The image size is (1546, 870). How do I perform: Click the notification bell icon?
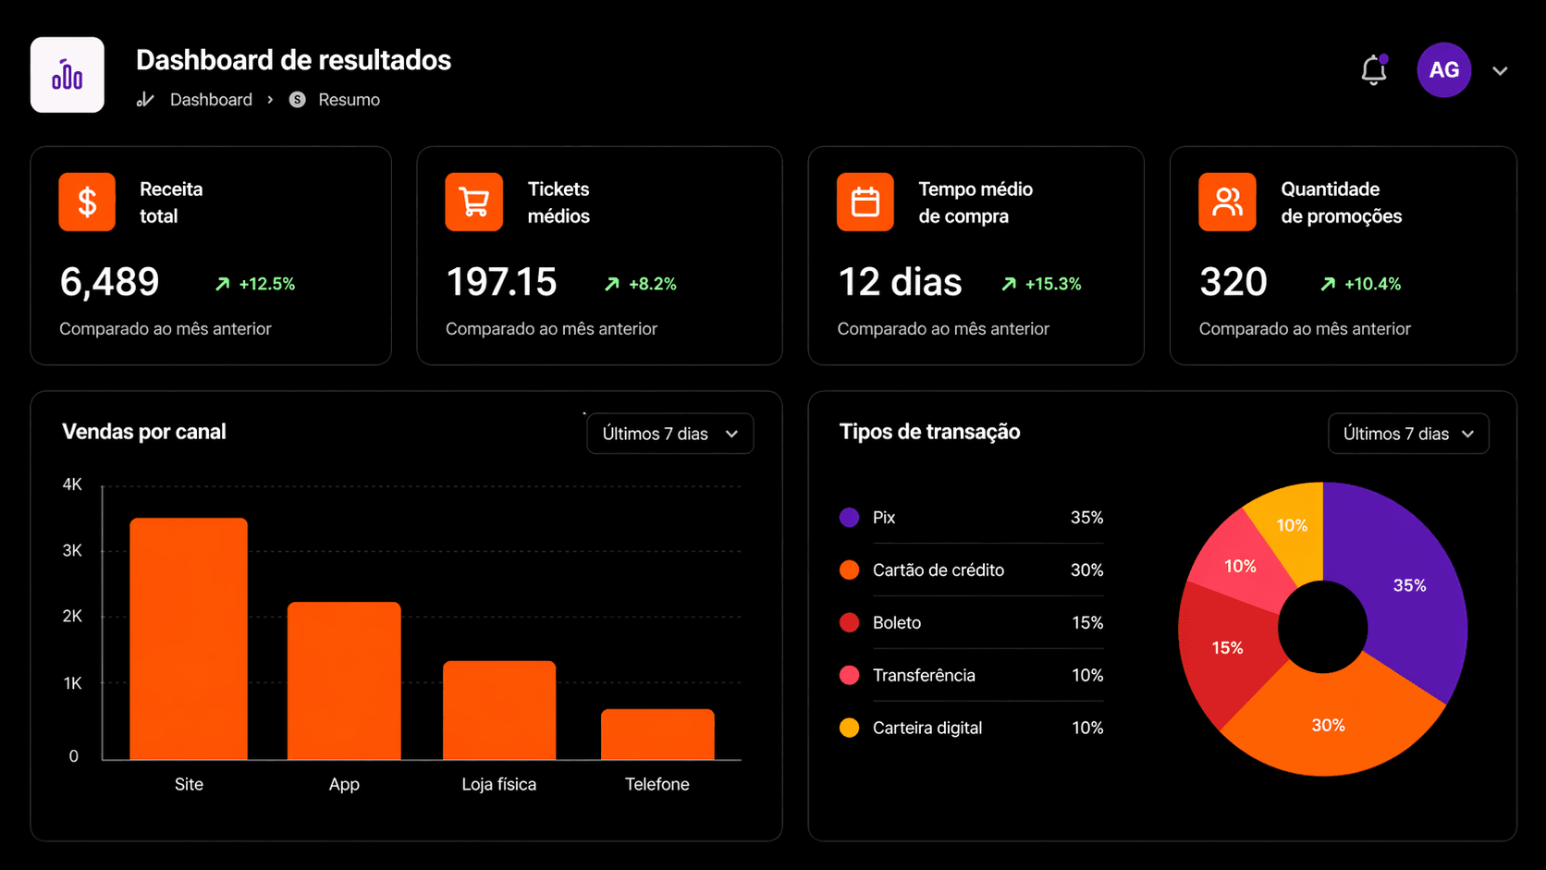(1373, 70)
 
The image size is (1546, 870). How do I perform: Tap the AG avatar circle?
(1443, 70)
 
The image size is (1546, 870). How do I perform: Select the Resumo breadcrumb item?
(349, 100)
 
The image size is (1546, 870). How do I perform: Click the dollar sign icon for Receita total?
(87, 202)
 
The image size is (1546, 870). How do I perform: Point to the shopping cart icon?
(473, 202)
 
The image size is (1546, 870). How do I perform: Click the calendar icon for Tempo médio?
(865, 202)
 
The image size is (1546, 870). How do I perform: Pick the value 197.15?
(501, 282)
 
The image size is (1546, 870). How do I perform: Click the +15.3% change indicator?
(1042, 284)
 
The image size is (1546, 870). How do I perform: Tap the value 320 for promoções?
(1233, 282)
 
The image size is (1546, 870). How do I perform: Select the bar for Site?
(189, 638)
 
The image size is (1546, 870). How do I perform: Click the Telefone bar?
(657, 734)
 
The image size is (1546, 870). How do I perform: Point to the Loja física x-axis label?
(499, 784)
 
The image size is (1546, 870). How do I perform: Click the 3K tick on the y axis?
(72, 551)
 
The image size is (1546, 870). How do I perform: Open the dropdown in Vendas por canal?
(670, 434)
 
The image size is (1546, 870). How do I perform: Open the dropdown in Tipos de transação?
(1408, 434)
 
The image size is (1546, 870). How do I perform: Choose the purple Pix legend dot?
(849, 518)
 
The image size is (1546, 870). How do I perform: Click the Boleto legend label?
(897, 623)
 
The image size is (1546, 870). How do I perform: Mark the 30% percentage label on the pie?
(1328, 726)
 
